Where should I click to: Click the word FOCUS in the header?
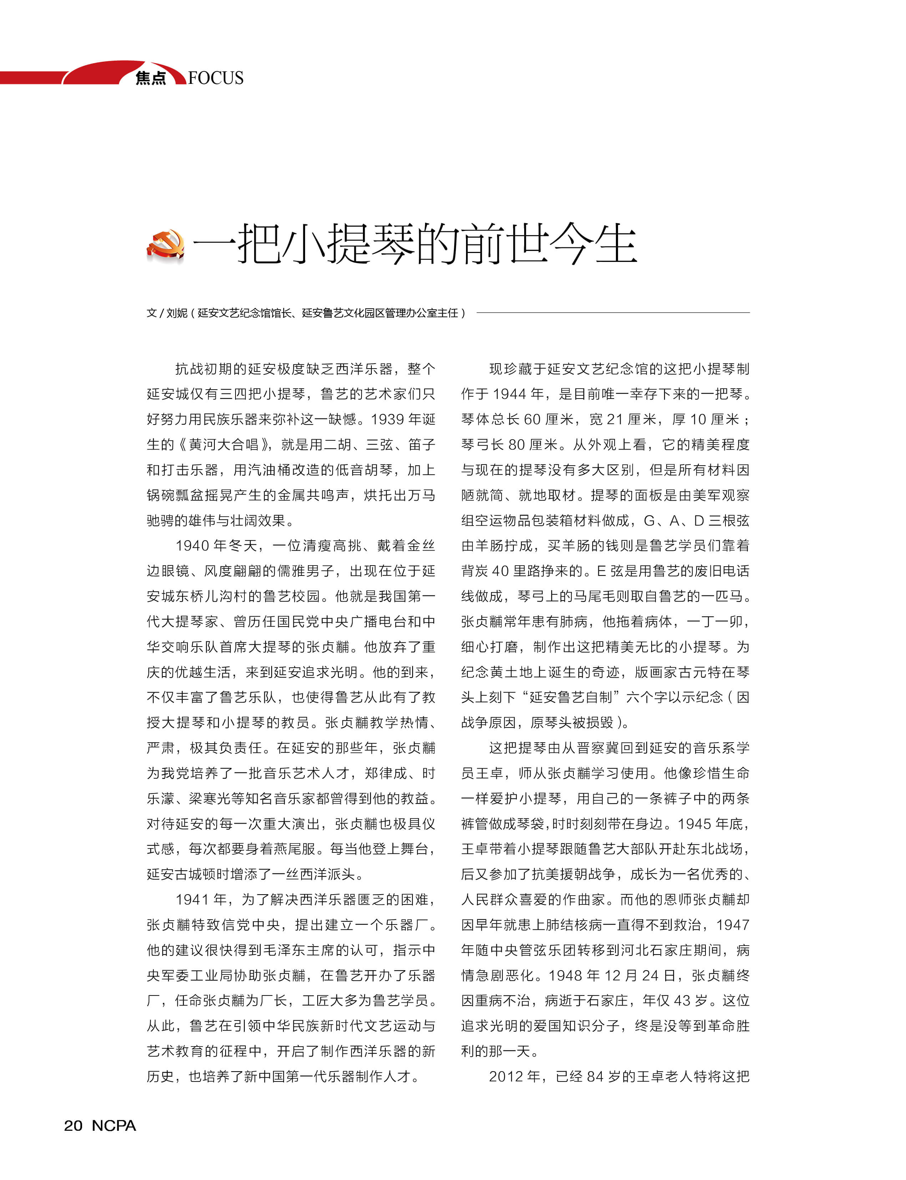(216, 78)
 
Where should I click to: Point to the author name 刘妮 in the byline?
(176, 313)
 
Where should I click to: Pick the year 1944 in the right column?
(509, 394)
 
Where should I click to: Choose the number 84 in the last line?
(595, 1077)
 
